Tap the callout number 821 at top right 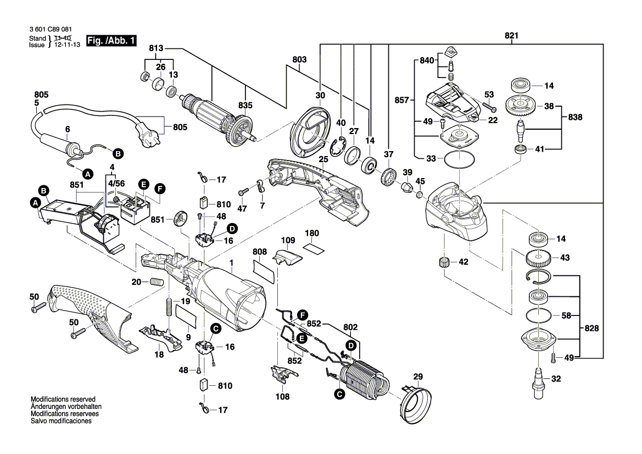click(511, 36)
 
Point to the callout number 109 click(288, 240)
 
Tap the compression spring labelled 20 click(157, 283)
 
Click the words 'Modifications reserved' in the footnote click(63, 399)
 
